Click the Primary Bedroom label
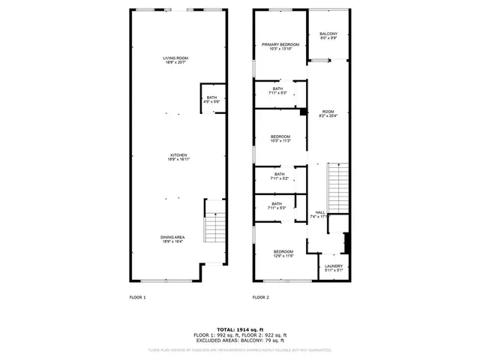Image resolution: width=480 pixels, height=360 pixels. click(280, 45)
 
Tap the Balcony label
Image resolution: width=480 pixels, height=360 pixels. click(328, 34)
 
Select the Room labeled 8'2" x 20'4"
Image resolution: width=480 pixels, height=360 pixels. click(328, 112)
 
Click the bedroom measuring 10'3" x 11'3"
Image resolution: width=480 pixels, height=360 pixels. click(280, 138)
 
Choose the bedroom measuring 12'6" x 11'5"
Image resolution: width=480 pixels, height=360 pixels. click(283, 253)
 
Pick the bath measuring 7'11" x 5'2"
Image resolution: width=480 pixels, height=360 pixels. click(278, 176)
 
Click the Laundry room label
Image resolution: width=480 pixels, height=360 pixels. click(334, 268)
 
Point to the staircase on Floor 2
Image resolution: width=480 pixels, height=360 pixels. click(339, 187)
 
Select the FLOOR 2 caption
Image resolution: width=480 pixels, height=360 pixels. click(260, 298)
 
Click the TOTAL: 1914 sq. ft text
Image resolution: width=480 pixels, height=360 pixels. click(239, 329)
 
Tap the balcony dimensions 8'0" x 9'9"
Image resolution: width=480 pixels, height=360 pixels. click(328, 38)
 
